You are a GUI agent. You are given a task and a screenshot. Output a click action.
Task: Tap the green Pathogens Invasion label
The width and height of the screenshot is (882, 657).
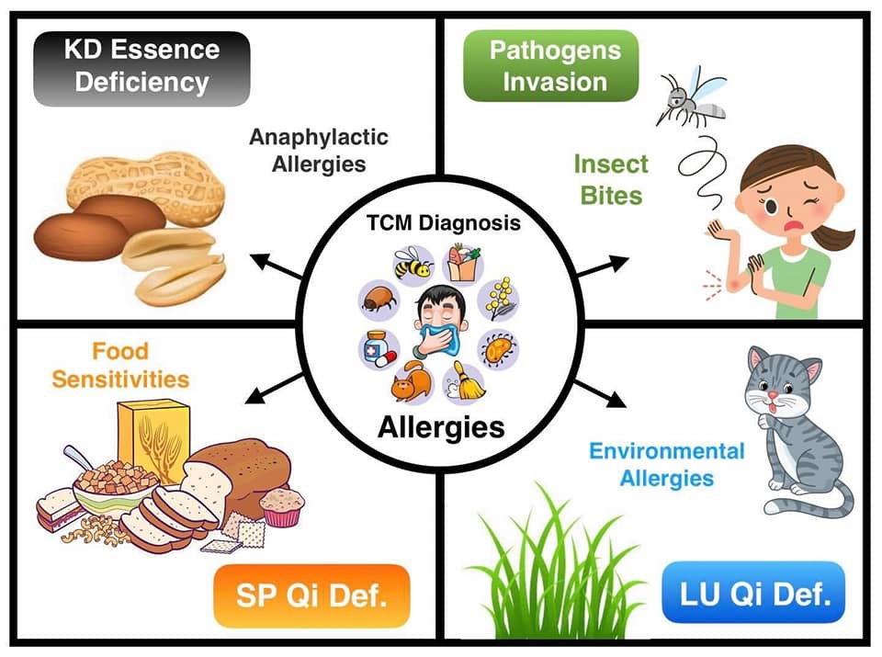click(x=551, y=66)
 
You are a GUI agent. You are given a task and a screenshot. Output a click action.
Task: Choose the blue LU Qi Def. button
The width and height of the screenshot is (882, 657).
click(x=752, y=594)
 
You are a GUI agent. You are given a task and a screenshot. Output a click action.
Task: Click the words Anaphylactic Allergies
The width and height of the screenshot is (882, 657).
click(x=319, y=151)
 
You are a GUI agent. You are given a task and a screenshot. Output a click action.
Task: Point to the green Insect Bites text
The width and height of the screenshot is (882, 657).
click(x=610, y=178)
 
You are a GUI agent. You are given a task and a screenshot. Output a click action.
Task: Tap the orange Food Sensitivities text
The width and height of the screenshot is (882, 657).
click(x=120, y=365)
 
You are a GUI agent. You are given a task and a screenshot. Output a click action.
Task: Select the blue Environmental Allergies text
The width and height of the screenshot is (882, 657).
click(x=666, y=464)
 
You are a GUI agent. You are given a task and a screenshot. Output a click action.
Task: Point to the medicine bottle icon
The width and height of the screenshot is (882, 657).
click(x=377, y=347)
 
